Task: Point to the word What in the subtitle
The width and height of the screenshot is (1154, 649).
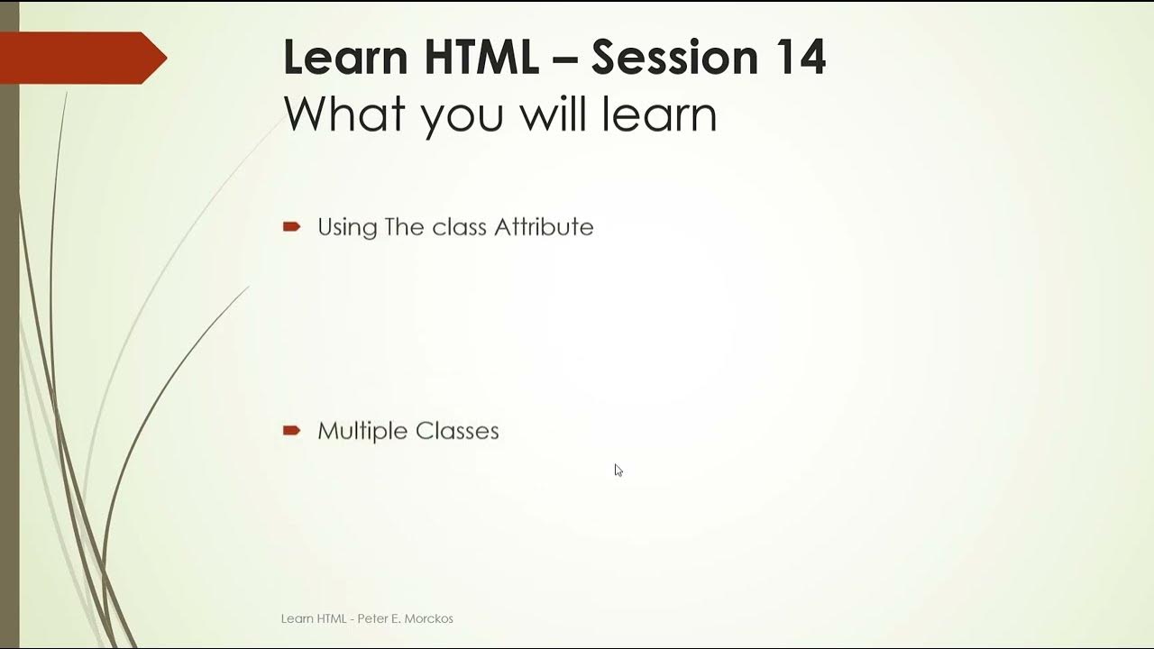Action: (344, 114)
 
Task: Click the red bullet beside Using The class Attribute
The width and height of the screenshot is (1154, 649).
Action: (291, 227)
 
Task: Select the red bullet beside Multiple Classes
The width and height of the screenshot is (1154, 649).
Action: (291, 431)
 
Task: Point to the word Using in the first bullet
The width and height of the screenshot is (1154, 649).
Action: (347, 228)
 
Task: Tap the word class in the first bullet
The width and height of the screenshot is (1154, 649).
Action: (460, 227)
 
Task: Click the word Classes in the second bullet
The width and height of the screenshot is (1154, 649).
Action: (457, 431)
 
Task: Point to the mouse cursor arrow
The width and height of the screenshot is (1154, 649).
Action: (618, 470)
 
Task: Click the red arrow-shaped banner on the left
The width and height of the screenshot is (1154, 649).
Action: (81, 58)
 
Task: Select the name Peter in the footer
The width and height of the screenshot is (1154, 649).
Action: (373, 618)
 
